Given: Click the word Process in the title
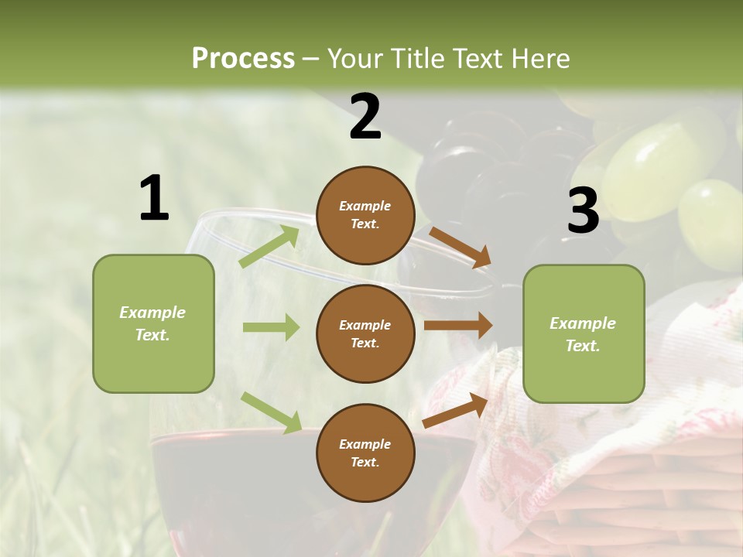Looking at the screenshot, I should click(243, 58).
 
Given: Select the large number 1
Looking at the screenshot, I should click(154, 199).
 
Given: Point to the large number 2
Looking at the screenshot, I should click(365, 117).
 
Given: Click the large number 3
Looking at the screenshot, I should click(583, 211).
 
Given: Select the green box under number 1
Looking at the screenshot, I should click(153, 323).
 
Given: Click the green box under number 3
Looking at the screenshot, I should click(584, 333).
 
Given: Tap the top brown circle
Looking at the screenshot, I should click(365, 215).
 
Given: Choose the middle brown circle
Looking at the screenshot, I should click(365, 333).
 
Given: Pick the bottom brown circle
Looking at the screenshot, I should click(365, 453).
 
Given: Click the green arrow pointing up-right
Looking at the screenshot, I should click(269, 247).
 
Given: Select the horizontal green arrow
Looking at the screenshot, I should click(271, 327).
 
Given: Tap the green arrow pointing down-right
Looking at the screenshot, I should click(271, 412).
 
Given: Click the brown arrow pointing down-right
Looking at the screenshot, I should click(460, 248).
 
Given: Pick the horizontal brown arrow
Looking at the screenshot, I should click(458, 325).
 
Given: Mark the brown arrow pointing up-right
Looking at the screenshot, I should click(456, 411).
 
